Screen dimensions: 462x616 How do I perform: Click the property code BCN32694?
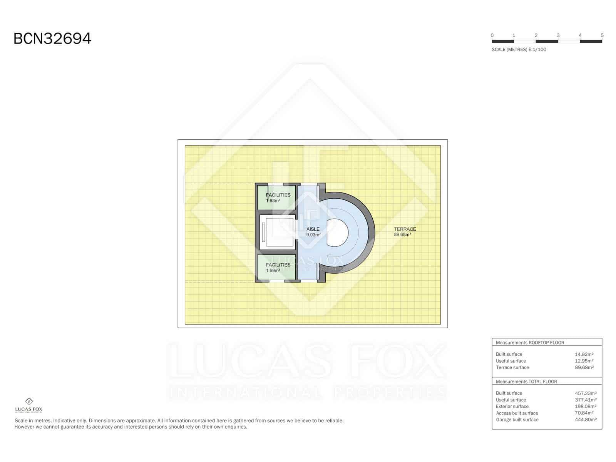coord(52,38)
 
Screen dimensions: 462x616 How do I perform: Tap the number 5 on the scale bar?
coord(602,35)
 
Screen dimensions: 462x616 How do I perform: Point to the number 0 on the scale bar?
coord(492,35)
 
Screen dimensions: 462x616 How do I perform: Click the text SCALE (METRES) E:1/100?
coord(519,50)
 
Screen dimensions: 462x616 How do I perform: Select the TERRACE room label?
coord(405,229)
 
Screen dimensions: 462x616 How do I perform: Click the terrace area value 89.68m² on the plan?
coord(402,234)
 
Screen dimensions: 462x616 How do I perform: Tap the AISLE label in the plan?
coord(313,229)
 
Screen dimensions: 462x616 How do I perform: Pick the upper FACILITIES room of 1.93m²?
coord(277,198)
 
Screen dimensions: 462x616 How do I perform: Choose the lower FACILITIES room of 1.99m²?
coord(277,268)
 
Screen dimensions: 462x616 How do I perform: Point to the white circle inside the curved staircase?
coord(338,233)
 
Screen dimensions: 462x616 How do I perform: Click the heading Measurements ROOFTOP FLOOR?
coord(530,343)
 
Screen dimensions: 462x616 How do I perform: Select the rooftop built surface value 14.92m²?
coord(584,354)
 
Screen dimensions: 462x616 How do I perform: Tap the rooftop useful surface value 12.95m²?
coord(584,361)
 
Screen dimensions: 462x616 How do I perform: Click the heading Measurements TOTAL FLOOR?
coord(526,382)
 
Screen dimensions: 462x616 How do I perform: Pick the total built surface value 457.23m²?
coord(585,393)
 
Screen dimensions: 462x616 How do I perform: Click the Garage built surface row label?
coord(517,420)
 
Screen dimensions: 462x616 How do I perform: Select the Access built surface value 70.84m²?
coord(584,413)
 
